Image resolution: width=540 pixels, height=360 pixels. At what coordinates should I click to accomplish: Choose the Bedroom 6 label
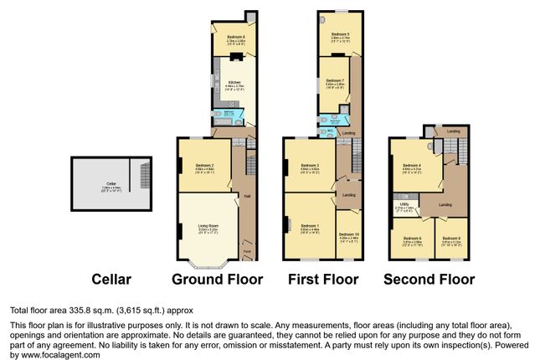(411, 239)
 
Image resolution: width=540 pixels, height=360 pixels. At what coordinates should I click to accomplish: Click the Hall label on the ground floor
(247, 197)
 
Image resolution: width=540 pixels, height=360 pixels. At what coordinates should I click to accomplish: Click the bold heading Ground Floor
(217, 279)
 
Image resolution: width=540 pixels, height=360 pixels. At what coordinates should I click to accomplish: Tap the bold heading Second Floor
(429, 279)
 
